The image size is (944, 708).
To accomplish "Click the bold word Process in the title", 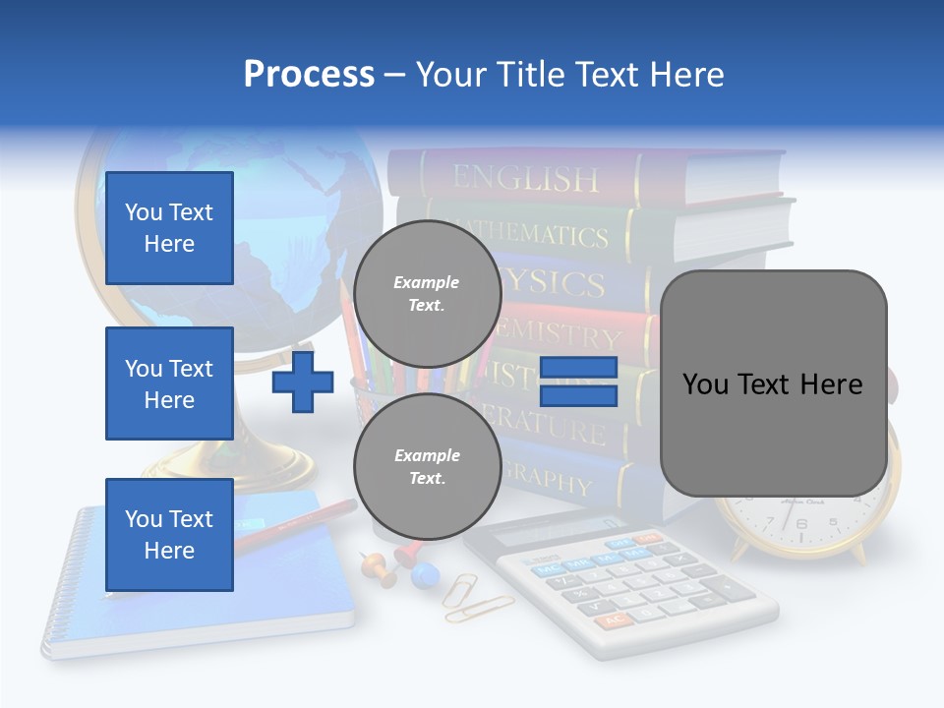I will [x=309, y=75].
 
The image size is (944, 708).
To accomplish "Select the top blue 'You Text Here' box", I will [x=169, y=228].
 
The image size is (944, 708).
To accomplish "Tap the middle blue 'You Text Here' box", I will [x=169, y=383].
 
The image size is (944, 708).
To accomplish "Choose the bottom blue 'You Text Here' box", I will [x=169, y=535].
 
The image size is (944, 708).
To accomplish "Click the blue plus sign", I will [x=303, y=383].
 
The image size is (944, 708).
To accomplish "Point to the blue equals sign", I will [x=578, y=383].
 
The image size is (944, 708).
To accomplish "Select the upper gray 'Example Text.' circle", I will [x=427, y=293].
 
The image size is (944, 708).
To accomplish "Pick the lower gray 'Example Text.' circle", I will [x=427, y=466].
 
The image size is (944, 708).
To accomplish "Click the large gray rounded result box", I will [x=773, y=383].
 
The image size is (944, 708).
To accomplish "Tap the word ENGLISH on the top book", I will [x=525, y=178].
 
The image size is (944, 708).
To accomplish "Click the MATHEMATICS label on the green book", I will [x=551, y=234].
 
